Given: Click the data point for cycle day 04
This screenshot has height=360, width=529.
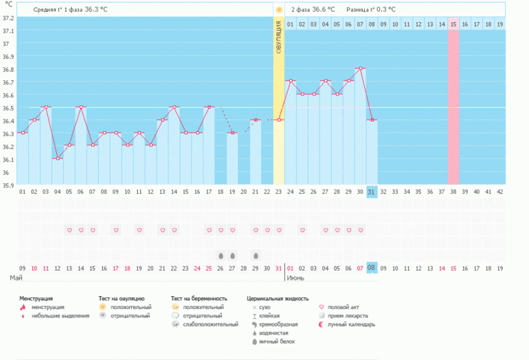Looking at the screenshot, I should [x=58, y=158].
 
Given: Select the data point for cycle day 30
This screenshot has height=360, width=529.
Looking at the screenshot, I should [x=360, y=69].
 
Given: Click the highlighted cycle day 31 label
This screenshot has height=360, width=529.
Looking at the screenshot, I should [x=372, y=192].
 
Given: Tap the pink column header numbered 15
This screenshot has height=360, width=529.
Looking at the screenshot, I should [x=453, y=25].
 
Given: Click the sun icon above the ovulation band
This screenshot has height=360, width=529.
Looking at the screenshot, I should [x=279, y=10].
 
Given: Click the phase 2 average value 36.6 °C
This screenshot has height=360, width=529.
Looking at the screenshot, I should [x=323, y=10].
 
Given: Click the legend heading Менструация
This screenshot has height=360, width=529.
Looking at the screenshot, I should [x=37, y=299].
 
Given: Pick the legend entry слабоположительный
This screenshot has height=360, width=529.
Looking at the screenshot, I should [x=210, y=324].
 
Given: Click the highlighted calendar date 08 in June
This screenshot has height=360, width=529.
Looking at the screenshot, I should [x=372, y=268].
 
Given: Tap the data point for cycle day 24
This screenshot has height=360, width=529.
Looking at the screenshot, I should [x=290, y=81].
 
